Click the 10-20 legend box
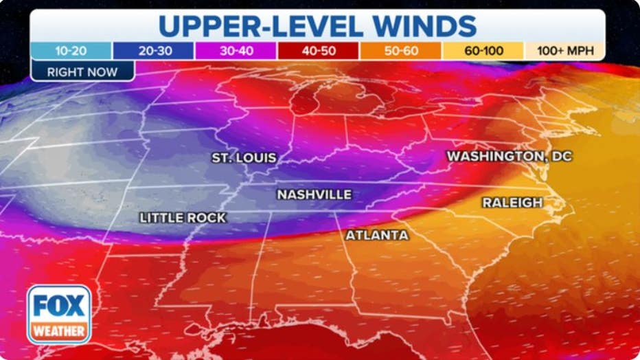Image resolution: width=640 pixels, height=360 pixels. [71, 51]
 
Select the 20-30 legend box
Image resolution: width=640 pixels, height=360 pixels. [153, 51]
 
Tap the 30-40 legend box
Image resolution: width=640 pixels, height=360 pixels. [236, 51]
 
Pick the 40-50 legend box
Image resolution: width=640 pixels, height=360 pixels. [318, 51]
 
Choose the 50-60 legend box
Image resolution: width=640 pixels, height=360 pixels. [400, 51]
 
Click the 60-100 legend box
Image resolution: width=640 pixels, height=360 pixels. [483, 51]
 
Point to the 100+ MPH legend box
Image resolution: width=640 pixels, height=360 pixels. [564, 51]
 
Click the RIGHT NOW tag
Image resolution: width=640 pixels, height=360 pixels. [82, 71]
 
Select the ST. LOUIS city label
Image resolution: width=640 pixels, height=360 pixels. [244, 158]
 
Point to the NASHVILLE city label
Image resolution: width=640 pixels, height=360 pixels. [314, 195]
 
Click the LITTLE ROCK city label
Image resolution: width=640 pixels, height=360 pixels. [183, 218]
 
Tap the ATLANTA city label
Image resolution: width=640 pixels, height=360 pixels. [377, 236]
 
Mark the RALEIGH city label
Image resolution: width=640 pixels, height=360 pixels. [512, 203]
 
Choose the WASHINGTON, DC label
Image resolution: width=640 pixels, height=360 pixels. [509, 157]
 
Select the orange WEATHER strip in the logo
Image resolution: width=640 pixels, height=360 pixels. [59, 331]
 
